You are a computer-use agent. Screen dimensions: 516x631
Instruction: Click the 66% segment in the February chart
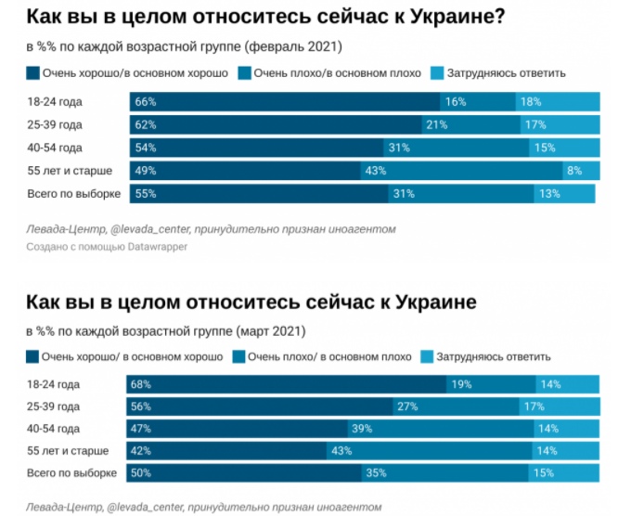click(x=284, y=102)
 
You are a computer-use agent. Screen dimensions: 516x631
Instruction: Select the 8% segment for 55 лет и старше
click(x=581, y=170)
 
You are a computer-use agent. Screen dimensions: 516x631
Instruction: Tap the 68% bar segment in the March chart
click(x=286, y=383)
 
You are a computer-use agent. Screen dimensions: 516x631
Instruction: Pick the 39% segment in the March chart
click(x=440, y=428)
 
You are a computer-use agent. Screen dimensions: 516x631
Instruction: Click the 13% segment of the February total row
click(x=563, y=193)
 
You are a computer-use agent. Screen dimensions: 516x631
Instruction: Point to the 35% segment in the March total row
click(x=444, y=472)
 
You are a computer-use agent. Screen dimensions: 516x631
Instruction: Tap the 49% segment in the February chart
click(x=245, y=170)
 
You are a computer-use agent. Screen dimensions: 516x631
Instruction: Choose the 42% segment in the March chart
click(x=226, y=450)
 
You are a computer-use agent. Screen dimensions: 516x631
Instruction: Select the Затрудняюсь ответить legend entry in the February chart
click(x=506, y=73)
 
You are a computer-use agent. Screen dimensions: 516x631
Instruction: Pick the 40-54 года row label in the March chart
click(x=55, y=428)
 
